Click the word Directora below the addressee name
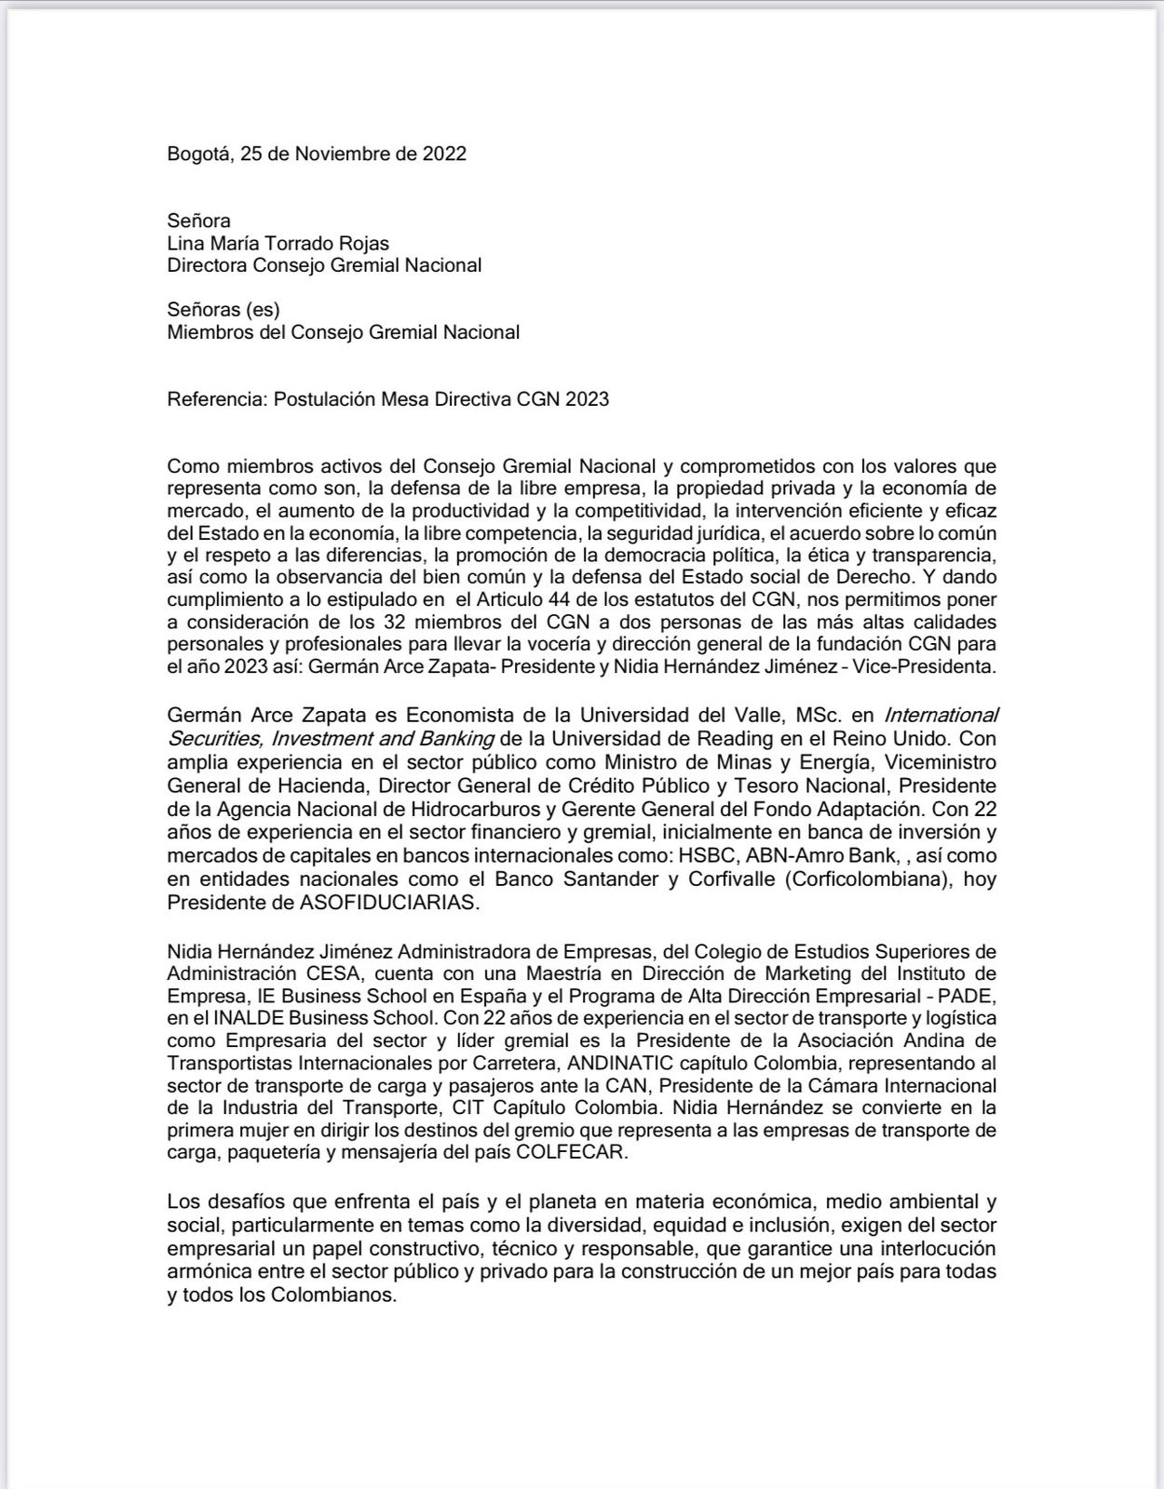click(208, 265)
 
